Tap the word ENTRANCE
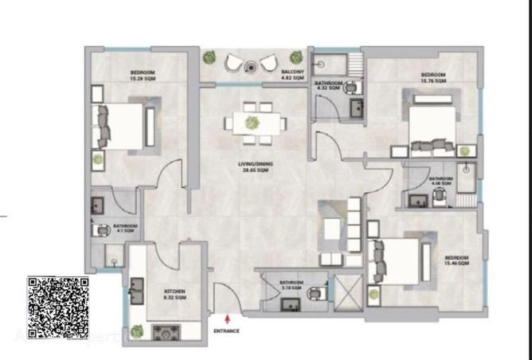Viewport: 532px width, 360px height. (x=227, y=330)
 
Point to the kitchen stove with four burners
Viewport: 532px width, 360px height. (x=166, y=330)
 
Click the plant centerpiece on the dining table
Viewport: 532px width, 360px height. (x=252, y=122)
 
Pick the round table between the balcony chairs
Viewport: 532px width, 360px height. (x=249, y=68)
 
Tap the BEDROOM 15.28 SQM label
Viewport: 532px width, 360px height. (x=143, y=76)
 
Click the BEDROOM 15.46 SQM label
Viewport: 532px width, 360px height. (x=456, y=260)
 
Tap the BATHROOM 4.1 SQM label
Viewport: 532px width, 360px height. (x=125, y=229)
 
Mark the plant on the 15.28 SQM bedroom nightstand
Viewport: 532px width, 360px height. (x=98, y=158)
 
